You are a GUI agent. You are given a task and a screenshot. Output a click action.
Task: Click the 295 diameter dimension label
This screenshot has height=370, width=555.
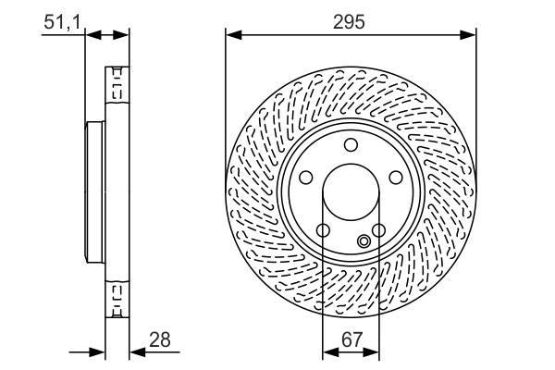pyautogui.click(x=351, y=20)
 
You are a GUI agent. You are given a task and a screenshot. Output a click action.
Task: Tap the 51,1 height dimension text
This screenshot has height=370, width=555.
pyautogui.click(x=60, y=19)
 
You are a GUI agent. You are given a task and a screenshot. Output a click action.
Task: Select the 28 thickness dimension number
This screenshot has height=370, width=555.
pyautogui.click(x=161, y=340)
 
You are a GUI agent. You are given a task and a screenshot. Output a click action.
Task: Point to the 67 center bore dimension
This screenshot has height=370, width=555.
pyautogui.click(x=351, y=340)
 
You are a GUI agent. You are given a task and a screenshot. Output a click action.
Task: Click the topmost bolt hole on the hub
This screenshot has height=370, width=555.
pyautogui.click(x=351, y=143)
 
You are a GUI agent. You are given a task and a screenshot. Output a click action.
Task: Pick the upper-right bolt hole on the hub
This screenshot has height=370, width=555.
pyautogui.click(x=394, y=177)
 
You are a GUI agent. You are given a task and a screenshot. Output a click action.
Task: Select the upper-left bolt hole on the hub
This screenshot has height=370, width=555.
pyautogui.click(x=306, y=177)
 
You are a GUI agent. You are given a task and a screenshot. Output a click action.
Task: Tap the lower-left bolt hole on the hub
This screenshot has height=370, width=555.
pyautogui.click(x=323, y=229)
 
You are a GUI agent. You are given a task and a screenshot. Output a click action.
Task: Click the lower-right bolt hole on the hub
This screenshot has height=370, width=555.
pyautogui.click(x=377, y=229)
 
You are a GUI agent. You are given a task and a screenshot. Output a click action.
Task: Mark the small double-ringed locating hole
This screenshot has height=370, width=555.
pyautogui.click(x=364, y=242)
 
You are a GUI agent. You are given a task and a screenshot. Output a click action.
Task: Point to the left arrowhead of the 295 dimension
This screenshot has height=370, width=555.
pyautogui.click(x=232, y=35)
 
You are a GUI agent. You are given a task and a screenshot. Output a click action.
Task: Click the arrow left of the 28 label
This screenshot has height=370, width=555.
pyautogui.click(x=97, y=351)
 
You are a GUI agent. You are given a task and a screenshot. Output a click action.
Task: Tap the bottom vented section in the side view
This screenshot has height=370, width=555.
pyautogui.click(x=117, y=298)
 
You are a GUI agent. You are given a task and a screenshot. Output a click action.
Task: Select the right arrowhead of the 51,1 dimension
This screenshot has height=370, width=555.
pyautogui.click(x=123, y=34)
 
